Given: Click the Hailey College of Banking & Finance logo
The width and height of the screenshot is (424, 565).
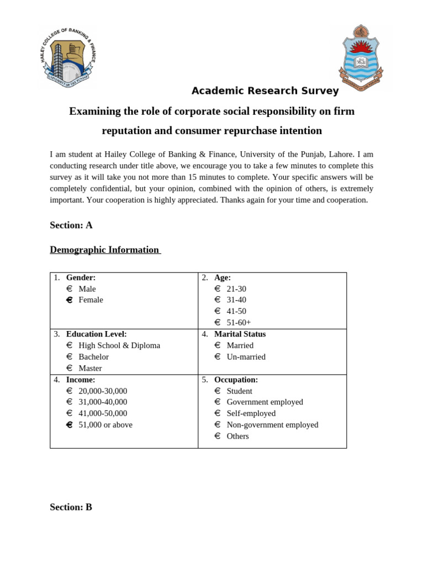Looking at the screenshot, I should point(68,57).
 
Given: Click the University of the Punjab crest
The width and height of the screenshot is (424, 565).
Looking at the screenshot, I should point(361,57).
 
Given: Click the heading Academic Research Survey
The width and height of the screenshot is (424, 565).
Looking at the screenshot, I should point(265,91).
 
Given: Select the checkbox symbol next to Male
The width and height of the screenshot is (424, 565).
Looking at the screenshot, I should point(70,289).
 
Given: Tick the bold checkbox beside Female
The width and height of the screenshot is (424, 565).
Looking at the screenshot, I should point(70,300).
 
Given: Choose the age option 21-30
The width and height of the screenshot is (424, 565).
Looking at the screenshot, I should point(236,289).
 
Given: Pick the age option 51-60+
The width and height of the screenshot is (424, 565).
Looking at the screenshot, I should point(239,322).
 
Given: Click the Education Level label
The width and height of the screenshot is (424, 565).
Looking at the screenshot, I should point(97,334).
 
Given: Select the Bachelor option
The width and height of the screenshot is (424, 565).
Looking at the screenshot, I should point(93,356).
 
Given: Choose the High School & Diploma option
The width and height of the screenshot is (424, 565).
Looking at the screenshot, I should point(119,345).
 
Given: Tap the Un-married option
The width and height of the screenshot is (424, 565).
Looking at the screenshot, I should point(246,356).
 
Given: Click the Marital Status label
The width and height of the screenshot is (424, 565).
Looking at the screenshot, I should point(240,334).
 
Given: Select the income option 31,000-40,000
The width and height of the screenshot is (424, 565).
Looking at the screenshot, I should point(103,402).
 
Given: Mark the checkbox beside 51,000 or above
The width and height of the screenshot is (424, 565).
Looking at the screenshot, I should point(70,424).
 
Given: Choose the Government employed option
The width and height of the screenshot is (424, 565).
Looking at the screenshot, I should point(264,402).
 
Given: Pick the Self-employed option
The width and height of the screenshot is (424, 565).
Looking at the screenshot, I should point(251,413).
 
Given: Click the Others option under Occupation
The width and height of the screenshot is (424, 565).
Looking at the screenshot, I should point(237,436).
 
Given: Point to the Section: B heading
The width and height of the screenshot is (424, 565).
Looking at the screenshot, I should point(71,507).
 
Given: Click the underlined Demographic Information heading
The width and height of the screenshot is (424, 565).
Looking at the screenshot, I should point(104,250).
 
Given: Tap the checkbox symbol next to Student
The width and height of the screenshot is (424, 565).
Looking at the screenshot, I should point(218,391).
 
